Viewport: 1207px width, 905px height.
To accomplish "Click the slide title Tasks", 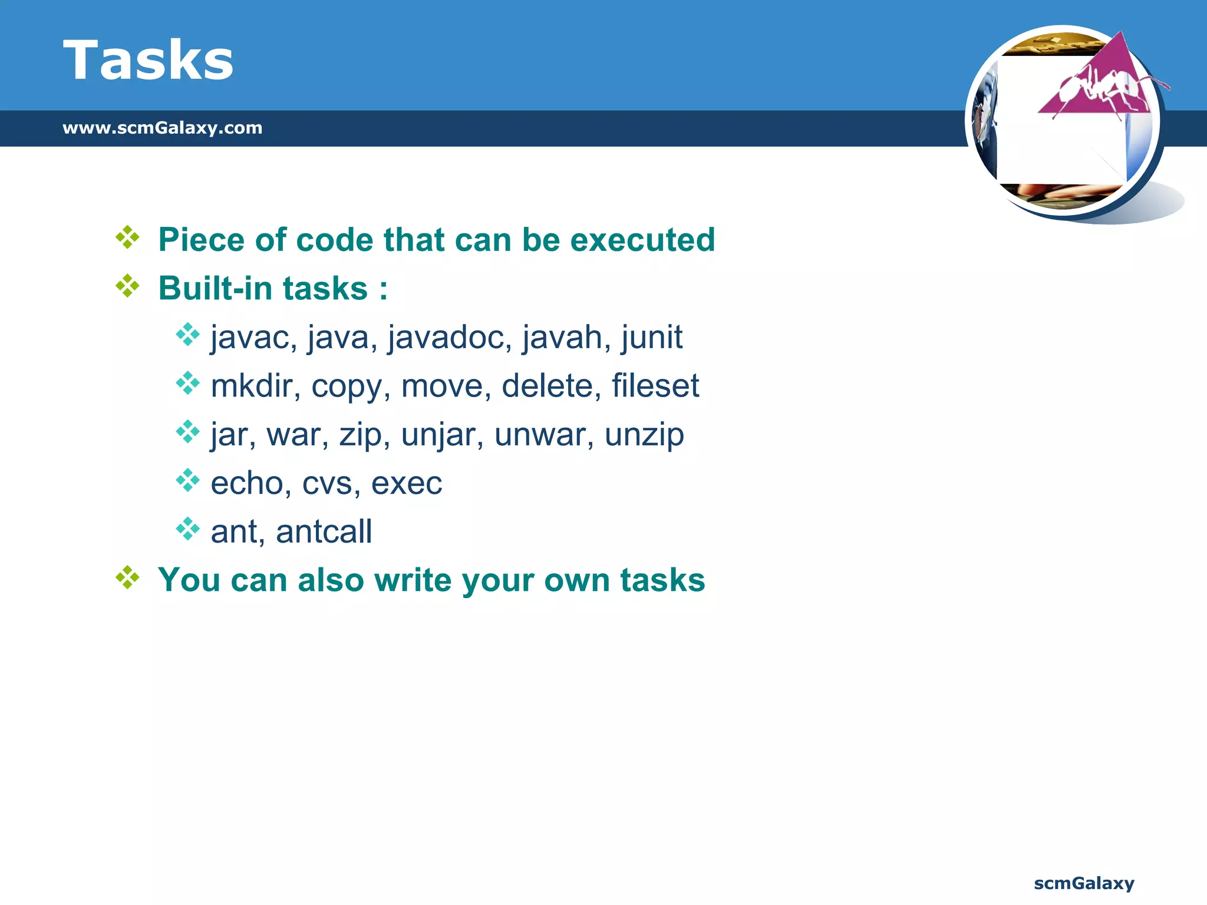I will pos(148,60).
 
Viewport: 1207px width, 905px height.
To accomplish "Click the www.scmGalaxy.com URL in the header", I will pos(162,128).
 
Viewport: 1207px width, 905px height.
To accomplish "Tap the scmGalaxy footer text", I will pos(1083,883).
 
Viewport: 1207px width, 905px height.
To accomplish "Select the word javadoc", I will pos(449,338).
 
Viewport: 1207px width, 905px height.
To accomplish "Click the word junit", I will pos(651,338).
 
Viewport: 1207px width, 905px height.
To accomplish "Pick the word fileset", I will pos(655,386).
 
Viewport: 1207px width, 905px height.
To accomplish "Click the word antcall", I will pos(324,531).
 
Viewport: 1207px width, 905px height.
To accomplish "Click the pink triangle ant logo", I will pos(1096,82).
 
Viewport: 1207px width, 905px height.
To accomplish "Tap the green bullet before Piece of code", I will pos(127,237).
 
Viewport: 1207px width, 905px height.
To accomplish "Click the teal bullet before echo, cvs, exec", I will pos(187,481).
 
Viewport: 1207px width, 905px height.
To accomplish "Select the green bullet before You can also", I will pos(127,577).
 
